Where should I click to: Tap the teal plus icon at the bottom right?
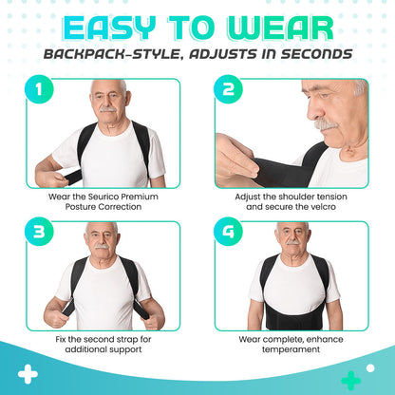pyautogui.click(x=349, y=380)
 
